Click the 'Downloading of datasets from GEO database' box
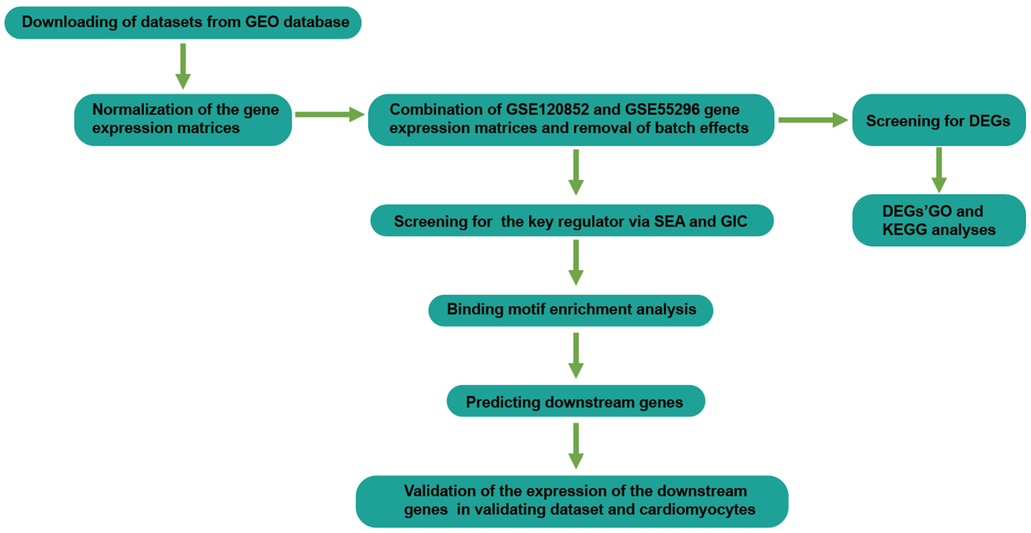183,22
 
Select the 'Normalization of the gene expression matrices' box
183,119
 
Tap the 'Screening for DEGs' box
938,120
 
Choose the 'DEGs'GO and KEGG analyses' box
938,220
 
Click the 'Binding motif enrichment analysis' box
571,310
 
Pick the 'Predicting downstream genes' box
575,401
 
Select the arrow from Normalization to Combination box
329,115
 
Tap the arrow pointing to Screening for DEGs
812,120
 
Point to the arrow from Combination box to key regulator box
576,172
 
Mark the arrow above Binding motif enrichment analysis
576,262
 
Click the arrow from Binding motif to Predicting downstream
576,355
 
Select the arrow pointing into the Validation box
576,445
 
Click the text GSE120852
547,109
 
